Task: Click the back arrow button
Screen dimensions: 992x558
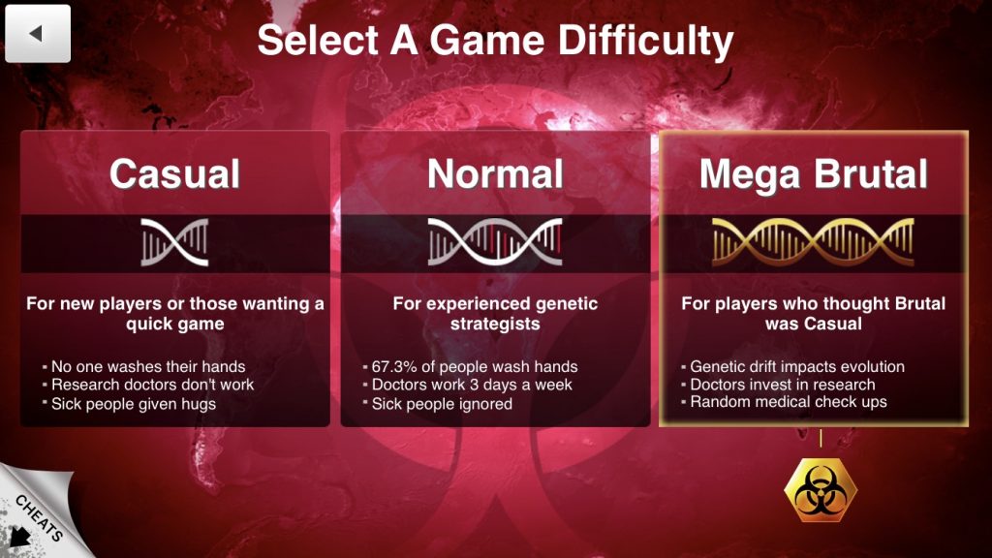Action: tap(38, 34)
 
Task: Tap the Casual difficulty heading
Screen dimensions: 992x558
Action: tap(174, 173)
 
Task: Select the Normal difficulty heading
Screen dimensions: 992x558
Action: tap(495, 173)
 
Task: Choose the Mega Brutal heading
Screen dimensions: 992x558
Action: tap(814, 174)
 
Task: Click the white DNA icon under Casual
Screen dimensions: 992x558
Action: tap(174, 242)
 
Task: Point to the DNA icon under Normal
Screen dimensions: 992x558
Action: tap(495, 241)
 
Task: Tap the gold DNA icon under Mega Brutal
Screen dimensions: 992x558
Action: tap(814, 241)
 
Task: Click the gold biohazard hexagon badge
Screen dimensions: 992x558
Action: tap(821, 490)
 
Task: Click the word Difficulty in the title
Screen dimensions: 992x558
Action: tap(645, 41)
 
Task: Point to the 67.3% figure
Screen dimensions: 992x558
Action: tap(394, 367)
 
